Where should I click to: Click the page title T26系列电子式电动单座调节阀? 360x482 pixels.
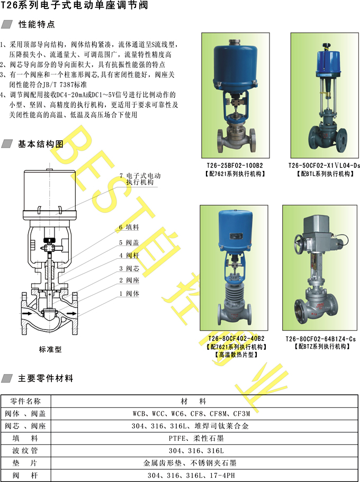[75, 6]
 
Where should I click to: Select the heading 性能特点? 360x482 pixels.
[37, 24]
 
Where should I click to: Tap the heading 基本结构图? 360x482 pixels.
[41, 144]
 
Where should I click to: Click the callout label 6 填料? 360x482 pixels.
[129, 228]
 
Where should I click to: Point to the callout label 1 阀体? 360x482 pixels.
[129, 294]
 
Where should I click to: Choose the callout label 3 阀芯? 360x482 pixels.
[129, 269]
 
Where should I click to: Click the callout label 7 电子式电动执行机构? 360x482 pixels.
[140, 179]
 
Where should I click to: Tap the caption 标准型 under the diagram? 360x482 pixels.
[50, 350]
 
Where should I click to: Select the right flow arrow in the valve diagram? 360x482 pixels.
[71, 313]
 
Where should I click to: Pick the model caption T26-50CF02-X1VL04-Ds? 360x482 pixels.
[324, 166]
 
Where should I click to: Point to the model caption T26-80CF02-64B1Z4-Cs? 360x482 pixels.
[320, 339]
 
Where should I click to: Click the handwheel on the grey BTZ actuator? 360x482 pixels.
[301, 243]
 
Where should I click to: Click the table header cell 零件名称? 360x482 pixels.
[25, 401]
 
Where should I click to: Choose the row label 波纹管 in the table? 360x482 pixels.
[25, 451]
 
